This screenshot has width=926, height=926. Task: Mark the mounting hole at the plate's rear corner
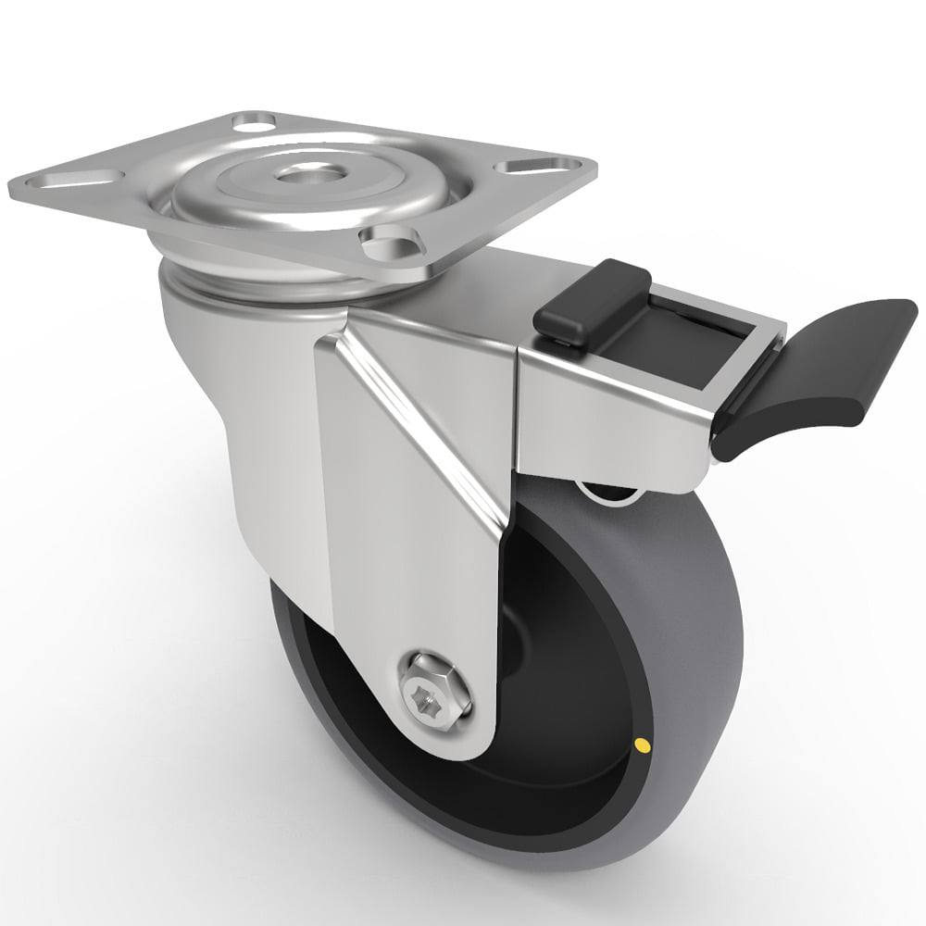pyautogui.click(x=253, y=122)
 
